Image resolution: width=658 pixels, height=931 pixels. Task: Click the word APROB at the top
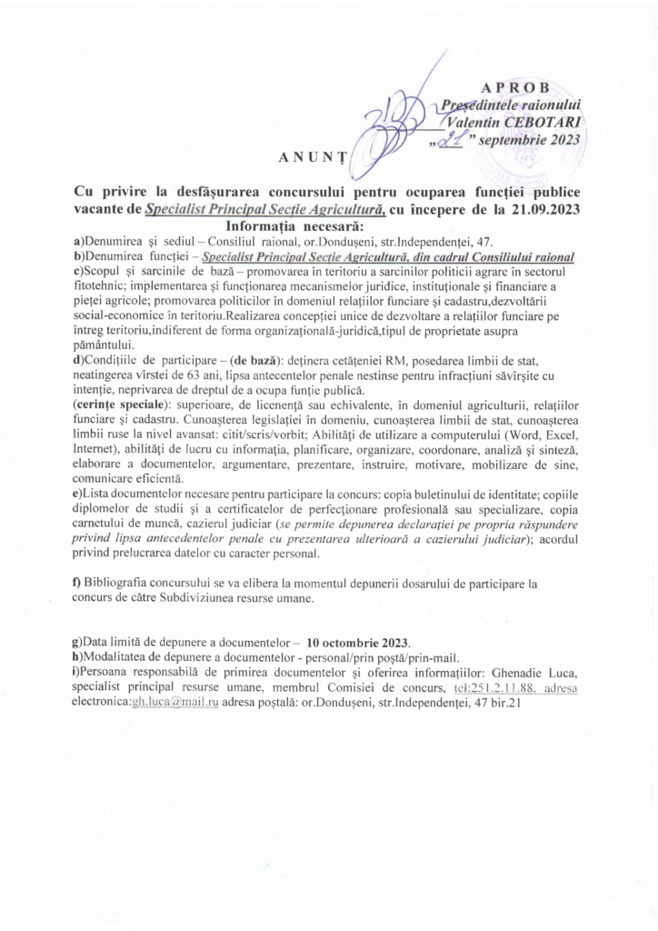(515, 87)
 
